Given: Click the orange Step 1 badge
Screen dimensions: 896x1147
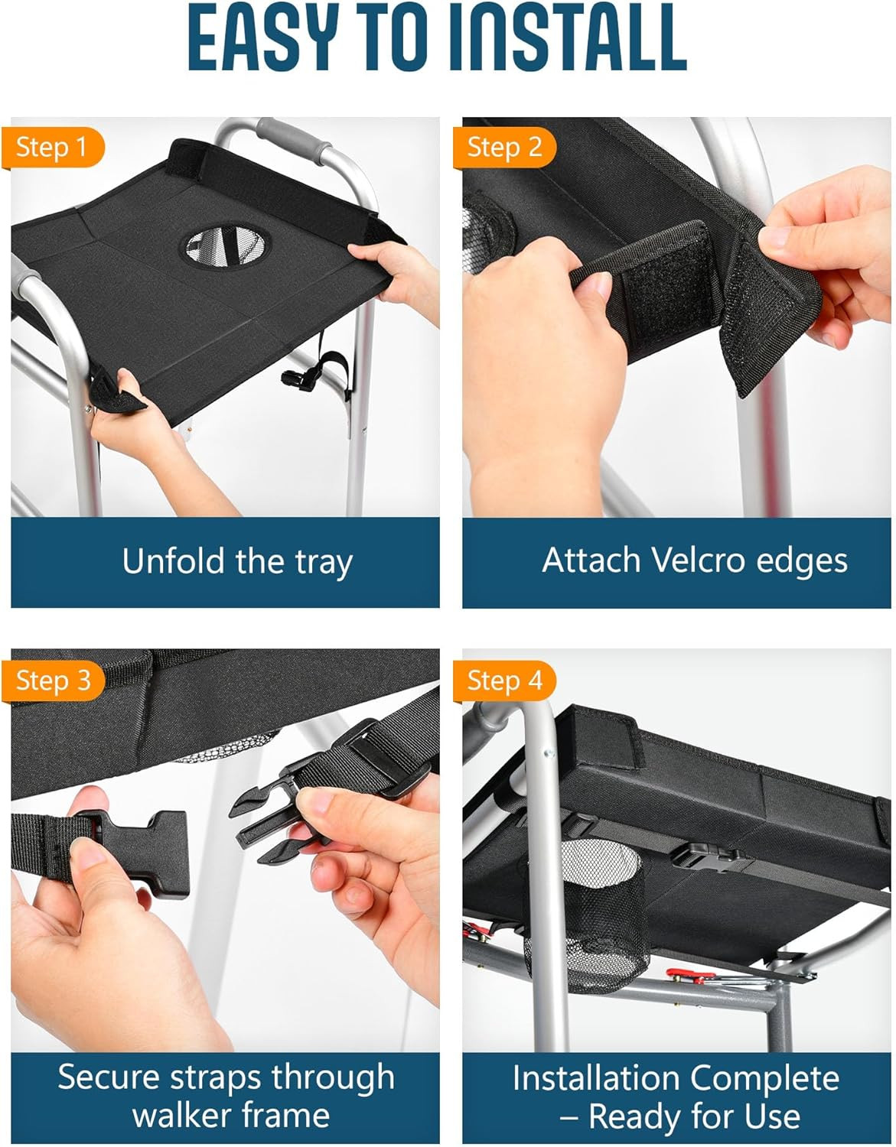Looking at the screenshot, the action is [x=53, y=148].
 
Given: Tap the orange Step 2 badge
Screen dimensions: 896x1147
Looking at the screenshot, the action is [x=504, y=148].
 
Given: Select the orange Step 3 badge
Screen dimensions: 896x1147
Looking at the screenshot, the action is [x=53, y=681].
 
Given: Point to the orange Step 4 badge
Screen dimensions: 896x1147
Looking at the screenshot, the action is [x=504, y=681].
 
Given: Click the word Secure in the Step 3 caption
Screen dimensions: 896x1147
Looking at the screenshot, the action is [x=108, y=1077].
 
